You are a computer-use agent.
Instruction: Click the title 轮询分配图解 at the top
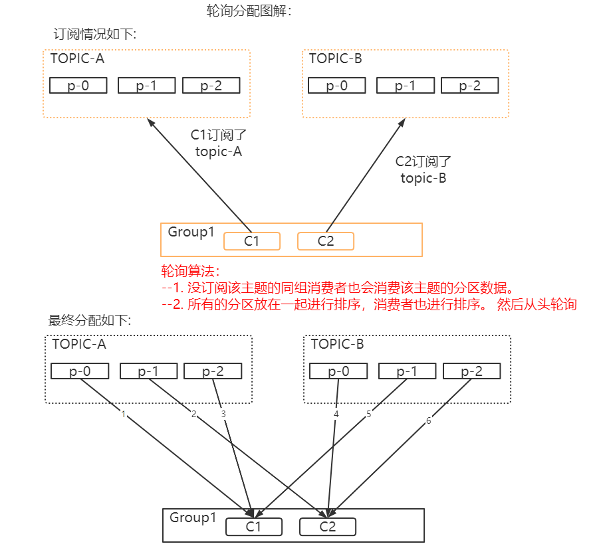pos(249,11)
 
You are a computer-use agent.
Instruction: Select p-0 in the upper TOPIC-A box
pos(78,86)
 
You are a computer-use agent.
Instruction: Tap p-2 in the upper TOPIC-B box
pos(469,86)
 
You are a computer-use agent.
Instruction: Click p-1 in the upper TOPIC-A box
pos(146,86)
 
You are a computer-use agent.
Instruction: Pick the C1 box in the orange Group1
pos(251,241)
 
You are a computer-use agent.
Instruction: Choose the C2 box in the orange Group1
pos(326,241)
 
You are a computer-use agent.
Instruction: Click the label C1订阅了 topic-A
pos(219,143)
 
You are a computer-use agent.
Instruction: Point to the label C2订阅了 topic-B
pos(423,169)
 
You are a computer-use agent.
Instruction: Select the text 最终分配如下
pos(90,320)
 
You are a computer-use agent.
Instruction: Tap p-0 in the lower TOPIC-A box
pos(80,371)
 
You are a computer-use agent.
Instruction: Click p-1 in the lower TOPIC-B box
pos(406,371)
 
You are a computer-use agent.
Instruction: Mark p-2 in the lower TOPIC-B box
pos(471,371)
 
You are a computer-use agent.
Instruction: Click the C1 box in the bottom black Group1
pos(254,527)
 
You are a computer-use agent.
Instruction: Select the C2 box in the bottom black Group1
pos(328,527)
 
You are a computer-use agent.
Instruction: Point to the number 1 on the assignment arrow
pos(123,413)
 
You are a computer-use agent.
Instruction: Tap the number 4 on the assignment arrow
pos(336,414)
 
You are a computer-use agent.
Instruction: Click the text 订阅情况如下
pos(94,34)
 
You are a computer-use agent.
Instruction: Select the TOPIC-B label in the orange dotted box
pos(336,58)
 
